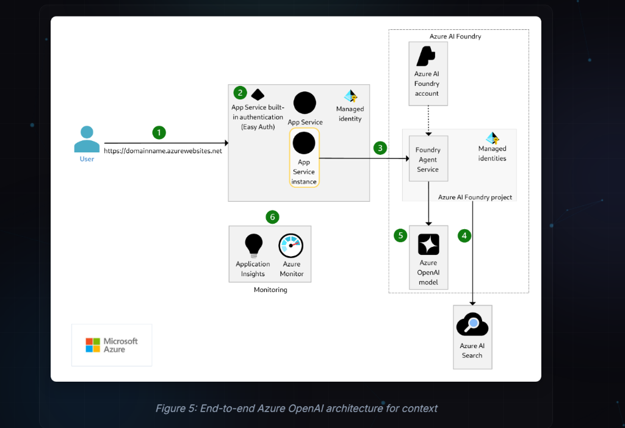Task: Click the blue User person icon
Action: tap(87, 139)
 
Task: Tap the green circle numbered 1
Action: tap(159, 132)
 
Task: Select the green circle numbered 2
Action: tap(240, 93)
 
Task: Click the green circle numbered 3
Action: tap(380, 148)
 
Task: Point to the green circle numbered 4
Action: tap(464, 235)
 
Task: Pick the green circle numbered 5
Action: tap(400, 235)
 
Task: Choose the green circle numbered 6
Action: tap(273, 216)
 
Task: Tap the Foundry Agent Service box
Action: tap(428, 159)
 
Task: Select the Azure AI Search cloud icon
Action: tap(472, 324)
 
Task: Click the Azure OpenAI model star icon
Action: tap(428, 244)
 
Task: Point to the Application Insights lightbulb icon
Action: tap(253, 245)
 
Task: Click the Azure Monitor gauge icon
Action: tap(291, 246)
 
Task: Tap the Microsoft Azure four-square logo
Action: tap(93, 345)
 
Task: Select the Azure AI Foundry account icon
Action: tap(426, 57)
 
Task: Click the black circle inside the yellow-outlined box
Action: tap(304, 143)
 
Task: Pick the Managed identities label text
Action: tap(492, 153)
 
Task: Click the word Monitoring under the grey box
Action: tap(270, 290)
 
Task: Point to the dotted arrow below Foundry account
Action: tap(428, 119)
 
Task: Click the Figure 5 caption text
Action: tap(296, 408)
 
